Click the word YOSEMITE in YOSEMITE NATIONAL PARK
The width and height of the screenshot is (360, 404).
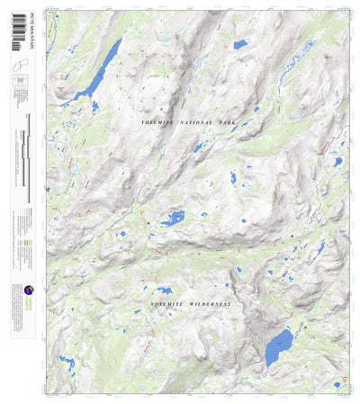coord(158,121)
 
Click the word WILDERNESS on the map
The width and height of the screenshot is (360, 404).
coord(208,305)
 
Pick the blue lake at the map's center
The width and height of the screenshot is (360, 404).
coord(172,218)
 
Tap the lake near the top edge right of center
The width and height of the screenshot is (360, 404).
coord(239,44)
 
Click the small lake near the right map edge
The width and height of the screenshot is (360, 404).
coord(337,162)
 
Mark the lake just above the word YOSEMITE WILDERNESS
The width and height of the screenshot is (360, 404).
coord(165,291)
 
